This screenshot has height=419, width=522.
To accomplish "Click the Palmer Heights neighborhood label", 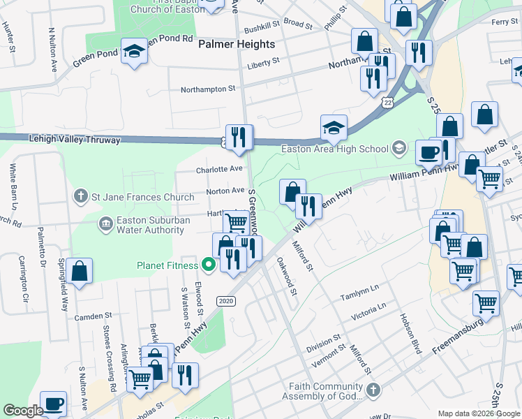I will (237, 44).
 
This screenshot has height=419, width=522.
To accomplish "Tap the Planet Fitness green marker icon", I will (208, 265).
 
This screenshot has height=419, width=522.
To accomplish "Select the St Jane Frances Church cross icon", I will (82, 196).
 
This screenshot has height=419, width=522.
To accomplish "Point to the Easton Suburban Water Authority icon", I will (105, 223).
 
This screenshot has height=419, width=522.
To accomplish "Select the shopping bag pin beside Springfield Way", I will (80, 272).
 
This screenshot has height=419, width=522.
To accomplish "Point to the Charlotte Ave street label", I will (219, 169).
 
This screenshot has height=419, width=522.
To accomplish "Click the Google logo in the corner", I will (24, 411).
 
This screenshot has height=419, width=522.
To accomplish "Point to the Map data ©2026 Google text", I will (478, 413).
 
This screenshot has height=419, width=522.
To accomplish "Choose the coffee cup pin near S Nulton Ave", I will (54, 404).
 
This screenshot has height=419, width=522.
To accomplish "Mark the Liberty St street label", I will (263, 61).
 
